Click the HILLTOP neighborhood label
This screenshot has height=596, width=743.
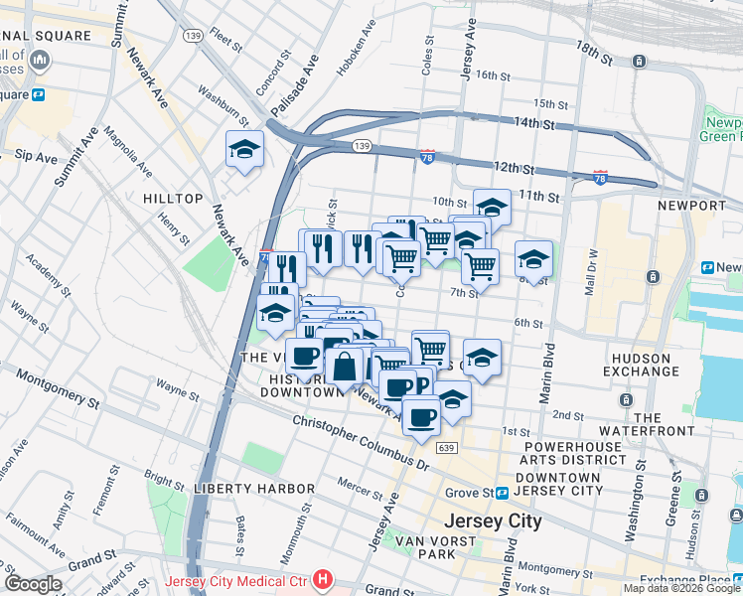tap(173, 199)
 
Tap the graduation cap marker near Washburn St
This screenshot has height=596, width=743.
tap(244, 150)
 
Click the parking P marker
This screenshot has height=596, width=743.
tap(421, 385)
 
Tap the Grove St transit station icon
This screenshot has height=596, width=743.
tap(504, 493)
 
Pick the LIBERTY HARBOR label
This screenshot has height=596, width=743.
tap(240, 489)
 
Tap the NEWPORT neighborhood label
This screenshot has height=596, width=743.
tap(691, 206)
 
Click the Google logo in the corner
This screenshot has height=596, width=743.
tap(32, 584)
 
